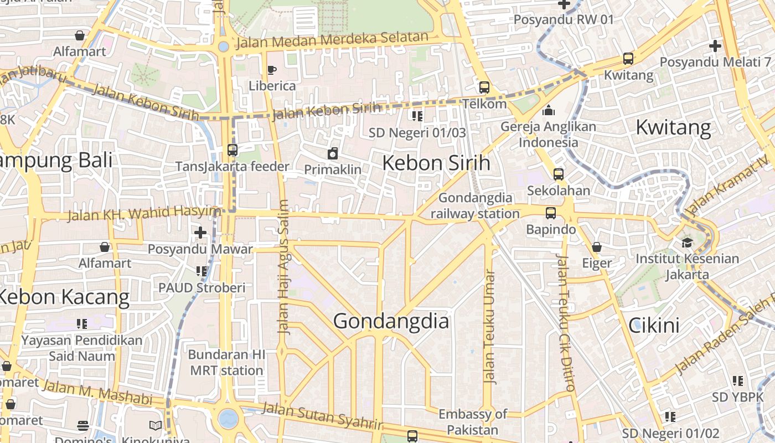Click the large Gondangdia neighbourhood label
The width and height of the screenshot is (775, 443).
tap(391, 321)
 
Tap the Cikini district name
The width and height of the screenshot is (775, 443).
tap(654, 326)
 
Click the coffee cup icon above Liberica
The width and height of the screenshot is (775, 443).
tap(272, 70)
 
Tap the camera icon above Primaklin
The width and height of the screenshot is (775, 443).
tap(333, 153)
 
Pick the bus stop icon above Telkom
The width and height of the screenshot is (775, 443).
tap(484, 87)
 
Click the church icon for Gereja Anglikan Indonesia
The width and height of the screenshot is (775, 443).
tap(549, 110)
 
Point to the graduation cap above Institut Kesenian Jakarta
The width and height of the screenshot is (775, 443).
tap(687, 243)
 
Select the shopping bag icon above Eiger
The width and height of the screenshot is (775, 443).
tap(597, 247)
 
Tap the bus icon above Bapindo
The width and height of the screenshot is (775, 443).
tap(550, 213)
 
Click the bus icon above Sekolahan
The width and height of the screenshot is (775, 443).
tap(558, 174)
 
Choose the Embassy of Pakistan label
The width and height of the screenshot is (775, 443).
tap(473, 422)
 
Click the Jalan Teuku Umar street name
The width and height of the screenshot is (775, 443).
tap(489, 327)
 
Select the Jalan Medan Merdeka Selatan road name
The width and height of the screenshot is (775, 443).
tap(332, 40)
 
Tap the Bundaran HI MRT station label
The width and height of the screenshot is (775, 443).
tap(226, 362)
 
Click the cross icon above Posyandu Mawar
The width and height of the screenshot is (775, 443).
tap(200, 233)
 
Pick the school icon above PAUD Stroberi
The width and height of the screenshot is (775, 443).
tap(201, 271)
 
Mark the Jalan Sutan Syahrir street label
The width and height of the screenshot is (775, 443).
tap(322, 416)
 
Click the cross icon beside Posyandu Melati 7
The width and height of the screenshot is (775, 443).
tap(715, 46)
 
